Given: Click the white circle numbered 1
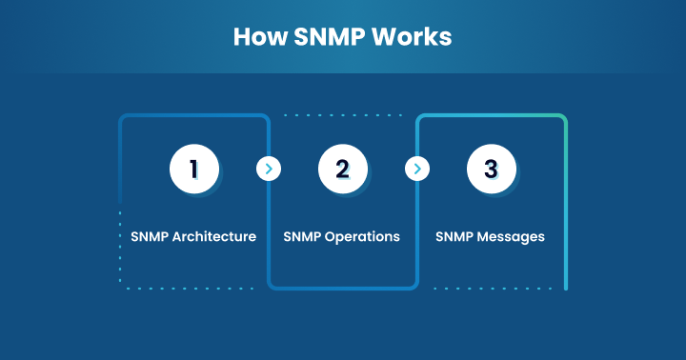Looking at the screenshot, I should coord(193,170).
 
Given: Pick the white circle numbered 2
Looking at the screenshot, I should coord(342,170).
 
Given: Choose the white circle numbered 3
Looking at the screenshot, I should coord(491,170).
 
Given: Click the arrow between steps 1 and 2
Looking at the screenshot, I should coord(268,170).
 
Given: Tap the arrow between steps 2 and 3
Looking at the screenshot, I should coord(416,170).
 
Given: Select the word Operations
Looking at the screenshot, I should coord(363,236).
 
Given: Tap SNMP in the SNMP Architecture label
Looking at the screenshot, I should coord(150,236).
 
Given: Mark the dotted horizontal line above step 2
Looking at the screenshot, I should coord(343,115).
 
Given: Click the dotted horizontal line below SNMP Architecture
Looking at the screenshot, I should coord(191,288).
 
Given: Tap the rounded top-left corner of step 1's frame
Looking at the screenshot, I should coord(123,119).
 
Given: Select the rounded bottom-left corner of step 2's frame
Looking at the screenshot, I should coord(272,283).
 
